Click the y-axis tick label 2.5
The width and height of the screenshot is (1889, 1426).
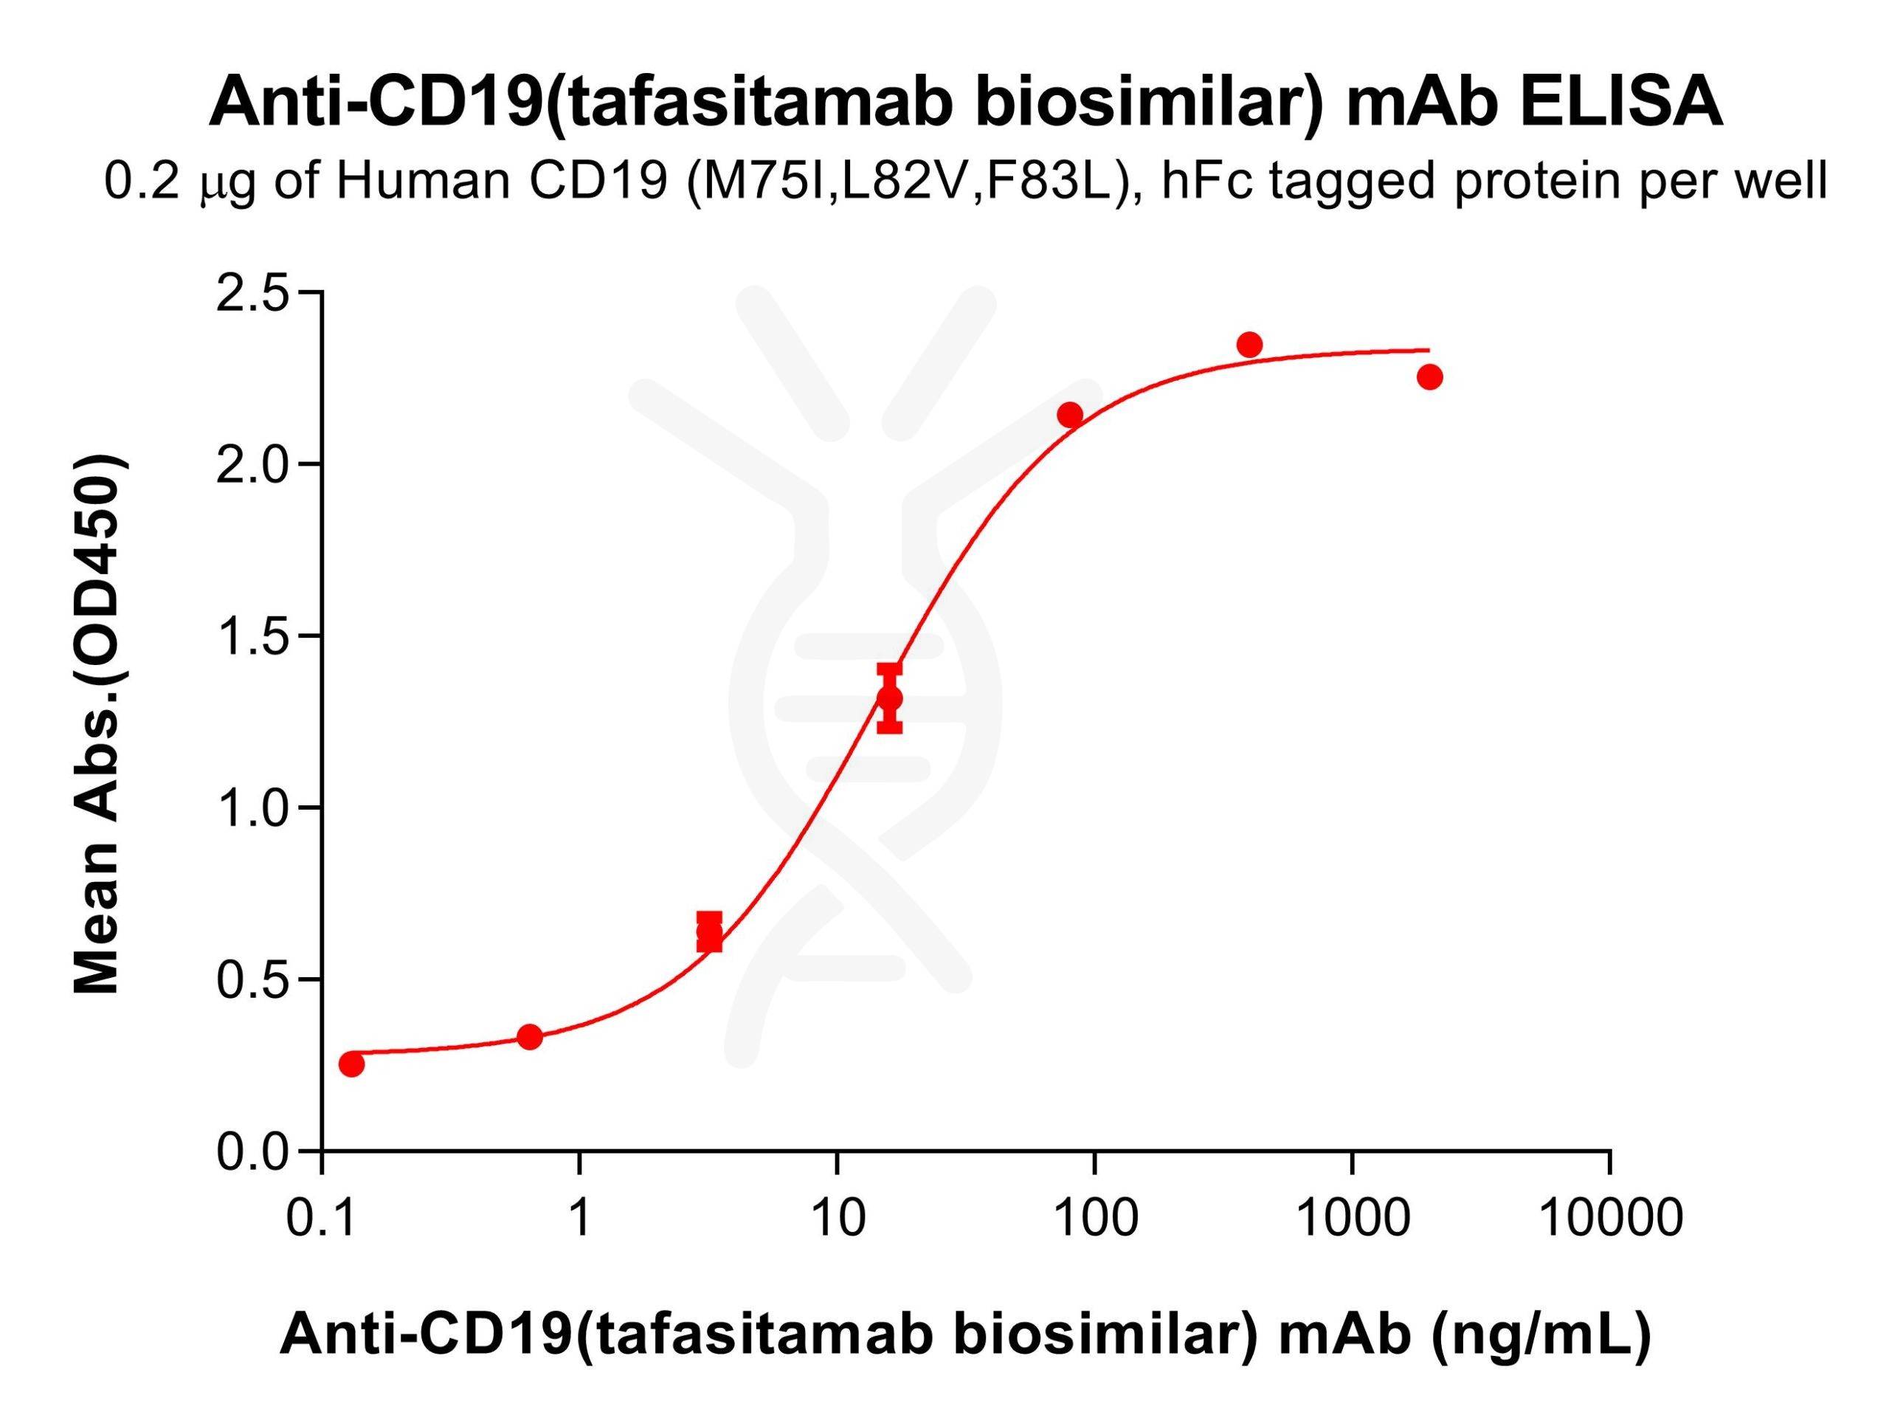pos(253,294)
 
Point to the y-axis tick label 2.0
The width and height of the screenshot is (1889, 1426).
pos(253,466)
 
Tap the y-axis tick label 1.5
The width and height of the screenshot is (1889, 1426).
pos(253,638)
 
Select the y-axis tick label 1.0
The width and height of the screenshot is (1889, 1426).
pos(253,808)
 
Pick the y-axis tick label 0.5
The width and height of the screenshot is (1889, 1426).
pos(253,980)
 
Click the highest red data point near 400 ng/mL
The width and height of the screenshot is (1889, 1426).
pos(1249,345)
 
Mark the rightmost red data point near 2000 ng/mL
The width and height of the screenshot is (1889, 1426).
pos(1429,376)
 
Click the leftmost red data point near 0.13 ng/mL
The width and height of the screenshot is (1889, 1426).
pos(352,1064)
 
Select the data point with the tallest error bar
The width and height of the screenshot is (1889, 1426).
pos(890,698)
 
